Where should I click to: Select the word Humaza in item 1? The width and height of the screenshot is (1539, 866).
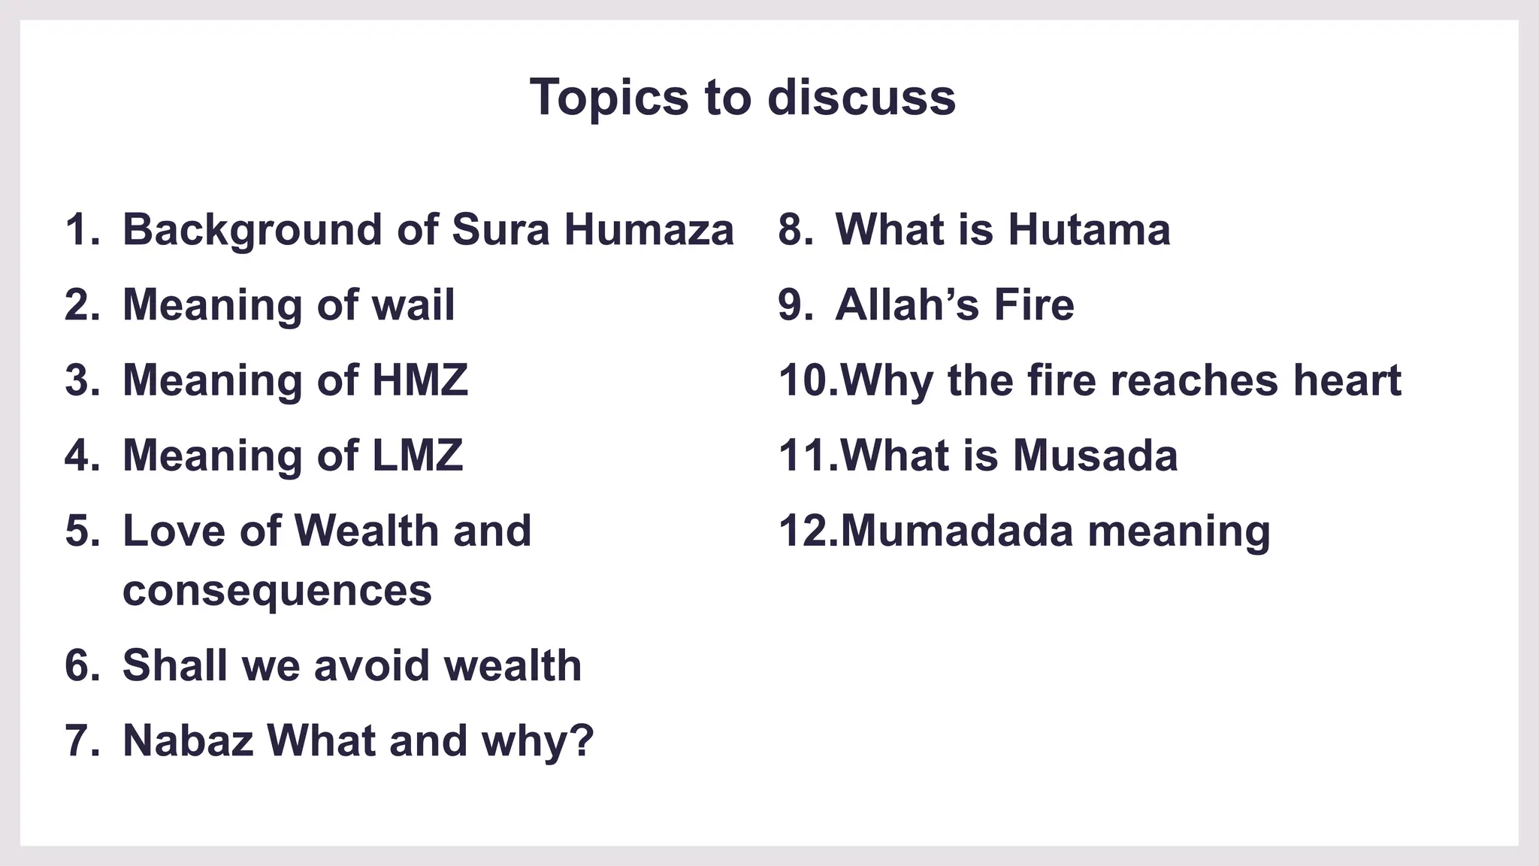[649, 229]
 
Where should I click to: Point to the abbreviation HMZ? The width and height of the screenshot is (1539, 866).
[420, 380]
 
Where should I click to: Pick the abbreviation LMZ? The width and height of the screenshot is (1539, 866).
[418, 455]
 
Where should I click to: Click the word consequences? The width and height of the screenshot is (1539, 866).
[277, 591]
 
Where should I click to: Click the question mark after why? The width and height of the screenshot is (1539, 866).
[583, 740]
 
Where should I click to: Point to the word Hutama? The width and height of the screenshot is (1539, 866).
[1089, 229]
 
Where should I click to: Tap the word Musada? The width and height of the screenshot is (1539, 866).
[1095, 455]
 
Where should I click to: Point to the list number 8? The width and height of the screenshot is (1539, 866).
[794, 229]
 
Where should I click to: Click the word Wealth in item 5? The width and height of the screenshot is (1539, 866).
[366, 531]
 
